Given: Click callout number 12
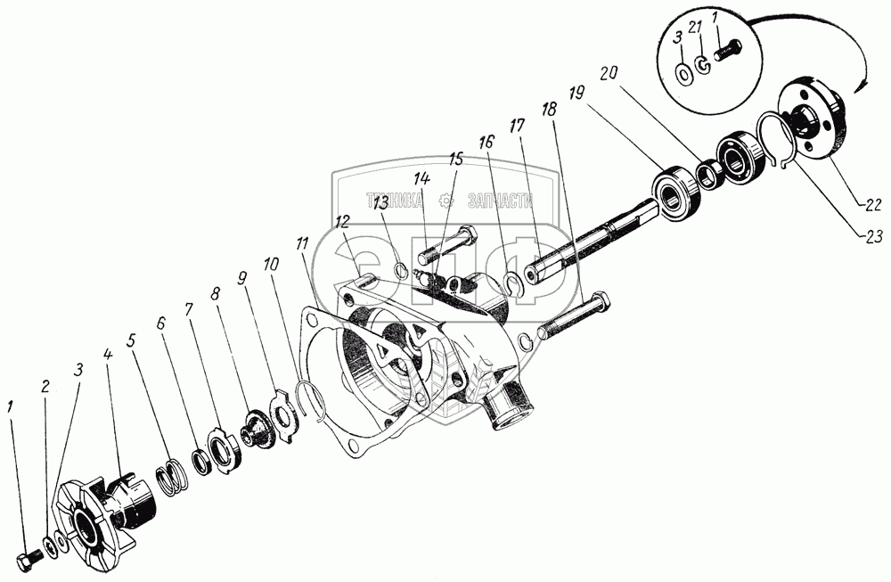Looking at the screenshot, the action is point(343,220).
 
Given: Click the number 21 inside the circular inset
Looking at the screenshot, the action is point(704,34).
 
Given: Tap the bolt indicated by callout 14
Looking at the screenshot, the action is point(450,240).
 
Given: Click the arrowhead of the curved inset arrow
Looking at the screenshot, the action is point(859,85).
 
